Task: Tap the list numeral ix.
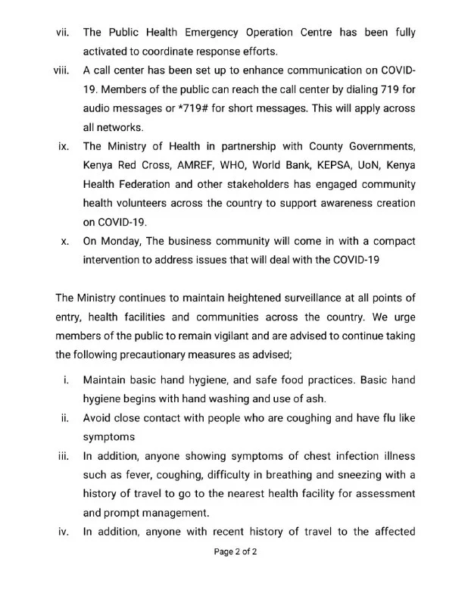[x=64, y=146]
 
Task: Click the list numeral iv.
[x=64, y=531]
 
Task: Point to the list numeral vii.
[x=64, y=33]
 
